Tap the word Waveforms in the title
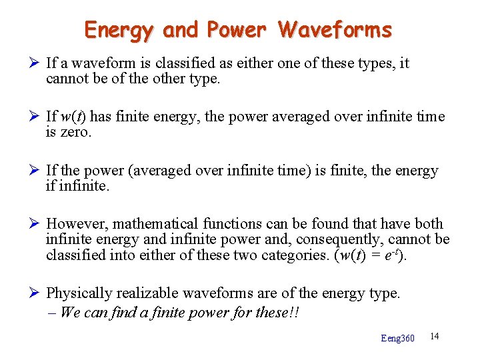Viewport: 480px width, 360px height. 335,30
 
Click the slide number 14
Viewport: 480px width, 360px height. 435,335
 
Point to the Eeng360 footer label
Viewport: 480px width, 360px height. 397,338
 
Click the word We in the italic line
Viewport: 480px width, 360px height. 68,312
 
